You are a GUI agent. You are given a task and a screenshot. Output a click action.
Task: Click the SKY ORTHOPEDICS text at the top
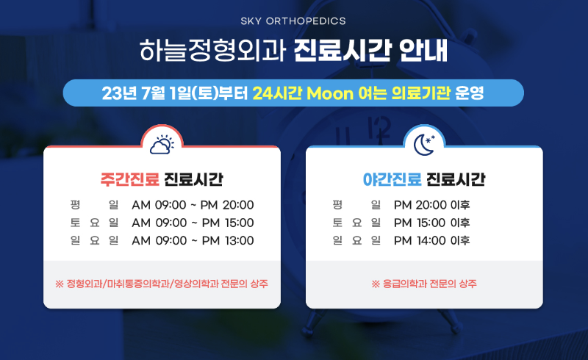(x=293, y=21)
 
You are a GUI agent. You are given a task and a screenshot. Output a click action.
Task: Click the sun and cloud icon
(x=162, y=143)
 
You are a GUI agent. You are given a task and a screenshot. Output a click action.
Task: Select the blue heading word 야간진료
(x=392, y=179)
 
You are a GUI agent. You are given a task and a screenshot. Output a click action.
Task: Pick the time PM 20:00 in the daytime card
(x=228, y=205)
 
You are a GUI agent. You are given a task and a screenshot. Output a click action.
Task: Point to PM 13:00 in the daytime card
(x=228, y=240)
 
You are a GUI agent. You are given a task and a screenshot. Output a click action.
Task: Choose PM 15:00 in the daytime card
(x=228, y=223)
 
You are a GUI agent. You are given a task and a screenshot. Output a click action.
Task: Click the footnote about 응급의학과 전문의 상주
(x=424, y=284)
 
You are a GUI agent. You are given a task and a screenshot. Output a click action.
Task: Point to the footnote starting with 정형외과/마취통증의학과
(x=162, y=284)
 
